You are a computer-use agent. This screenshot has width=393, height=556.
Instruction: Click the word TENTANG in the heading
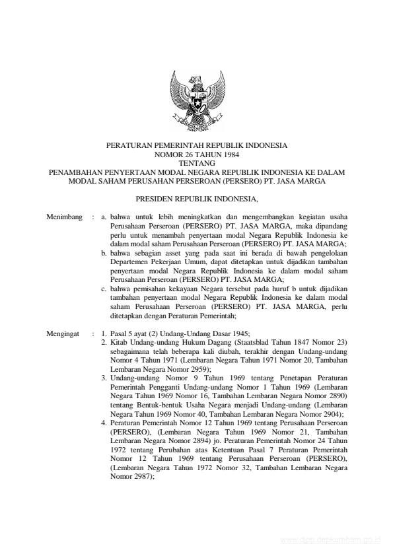tap(197, 162)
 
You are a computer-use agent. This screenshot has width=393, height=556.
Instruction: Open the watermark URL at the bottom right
tap(330, 539)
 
